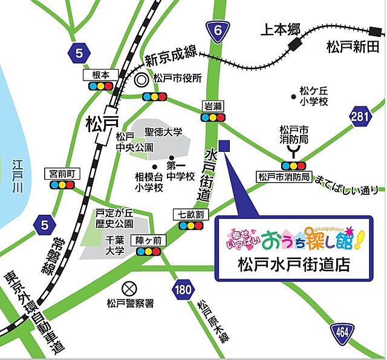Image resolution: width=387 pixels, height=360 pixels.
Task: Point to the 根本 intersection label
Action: coord(100,74)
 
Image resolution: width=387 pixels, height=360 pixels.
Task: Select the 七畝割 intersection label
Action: coord(190,214)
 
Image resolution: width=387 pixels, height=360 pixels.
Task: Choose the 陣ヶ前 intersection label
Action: coord(148,240)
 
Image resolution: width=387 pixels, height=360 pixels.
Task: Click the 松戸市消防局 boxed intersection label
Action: coord(284,177)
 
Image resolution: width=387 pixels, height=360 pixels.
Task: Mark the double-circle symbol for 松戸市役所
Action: coord(142,79)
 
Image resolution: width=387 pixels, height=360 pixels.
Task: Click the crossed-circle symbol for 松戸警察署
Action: coord(128,288)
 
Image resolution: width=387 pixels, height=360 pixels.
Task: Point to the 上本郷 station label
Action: coord(279,28)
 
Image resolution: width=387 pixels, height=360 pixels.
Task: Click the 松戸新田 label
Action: coord(353,46)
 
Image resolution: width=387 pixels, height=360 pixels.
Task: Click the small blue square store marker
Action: coord(224,146)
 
